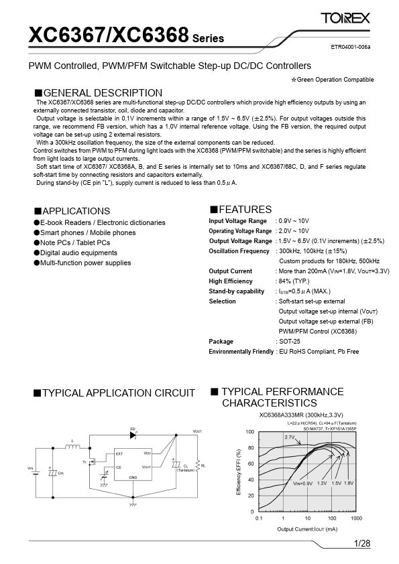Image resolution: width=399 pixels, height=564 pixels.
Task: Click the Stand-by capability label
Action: pyautogui.click(x=236, y=291)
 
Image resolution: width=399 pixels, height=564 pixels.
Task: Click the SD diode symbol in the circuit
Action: pyautogui.click(x=134, y=435)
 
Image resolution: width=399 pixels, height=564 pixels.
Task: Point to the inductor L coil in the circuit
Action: pyautogui.click(x=74, y=447)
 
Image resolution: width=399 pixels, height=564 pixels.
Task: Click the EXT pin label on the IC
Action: pyautogui.click(x=119, y=453)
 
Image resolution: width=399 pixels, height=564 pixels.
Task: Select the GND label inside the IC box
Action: pyautogui.click(x=133, y=477)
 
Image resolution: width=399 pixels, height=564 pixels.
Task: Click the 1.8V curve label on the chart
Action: pyautogui.click(x=349, y=483)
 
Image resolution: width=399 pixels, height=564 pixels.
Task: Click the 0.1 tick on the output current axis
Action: pyautogui.click(x=259, y=518)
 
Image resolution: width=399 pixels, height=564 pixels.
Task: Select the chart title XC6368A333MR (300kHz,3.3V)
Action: pyautogui.click(x=301, y=415)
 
